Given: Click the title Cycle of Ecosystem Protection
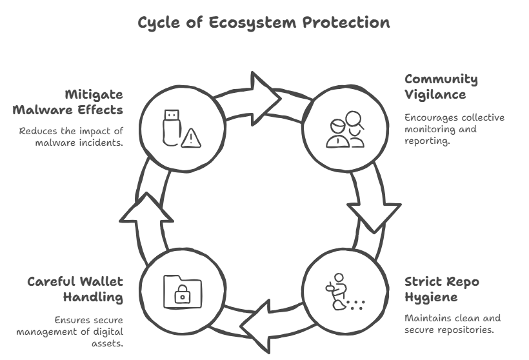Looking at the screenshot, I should (x=264, y=23).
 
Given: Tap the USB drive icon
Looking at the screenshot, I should (x=170, y=126).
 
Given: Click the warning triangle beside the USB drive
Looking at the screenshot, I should (x=190, y=137).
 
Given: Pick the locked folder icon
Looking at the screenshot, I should (x=182, y=290).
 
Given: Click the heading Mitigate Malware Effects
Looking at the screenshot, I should (x=68, y=101).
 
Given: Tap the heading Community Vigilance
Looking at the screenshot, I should (x=441, y=87).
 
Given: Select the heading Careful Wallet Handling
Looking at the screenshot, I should (x=75, y=289).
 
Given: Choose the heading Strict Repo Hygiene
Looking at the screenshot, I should (x=441, y=289).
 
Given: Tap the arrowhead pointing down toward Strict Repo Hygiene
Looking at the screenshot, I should (x=374, y=214).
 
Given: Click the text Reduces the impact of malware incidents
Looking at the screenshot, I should (x=71, y=136).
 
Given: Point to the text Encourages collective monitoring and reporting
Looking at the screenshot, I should (x=454, y=128).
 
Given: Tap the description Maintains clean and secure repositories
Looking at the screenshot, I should (x=452, y=324).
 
